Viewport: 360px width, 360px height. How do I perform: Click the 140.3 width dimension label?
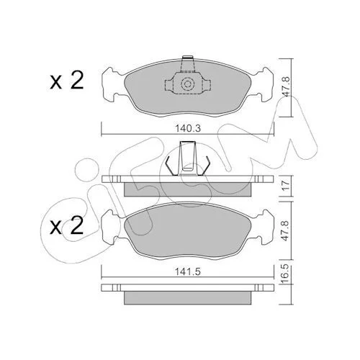(x=188, y=129)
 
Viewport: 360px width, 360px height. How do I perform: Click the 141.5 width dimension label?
(x=188, y=272)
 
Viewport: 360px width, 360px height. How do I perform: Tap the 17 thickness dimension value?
(x=287, y=186)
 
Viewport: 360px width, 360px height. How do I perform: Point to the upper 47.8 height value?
(x=287, y=86)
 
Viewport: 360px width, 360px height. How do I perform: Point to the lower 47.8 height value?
(x=286, y=230)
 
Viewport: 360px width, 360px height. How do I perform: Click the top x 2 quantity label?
(x=67, y=81)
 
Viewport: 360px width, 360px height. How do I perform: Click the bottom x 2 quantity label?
(x=67, y=226)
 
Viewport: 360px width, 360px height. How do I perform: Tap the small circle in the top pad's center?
(x=187, y=84)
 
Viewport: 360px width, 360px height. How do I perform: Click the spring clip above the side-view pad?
(x=188, y=158)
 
